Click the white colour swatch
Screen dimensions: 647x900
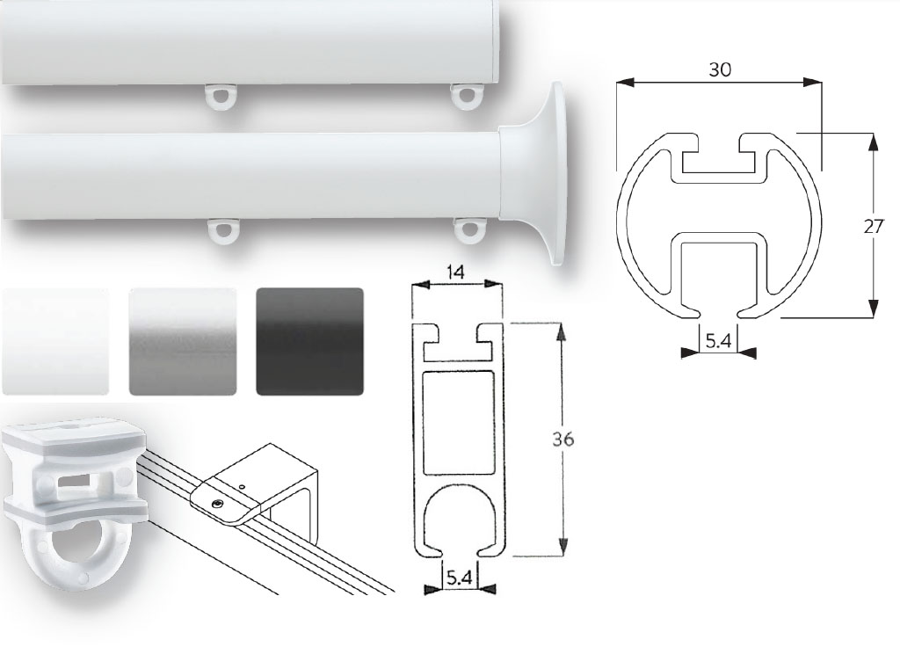pos(56,341)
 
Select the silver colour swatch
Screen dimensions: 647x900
pos(182,341)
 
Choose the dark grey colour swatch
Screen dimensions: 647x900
pos(309,341)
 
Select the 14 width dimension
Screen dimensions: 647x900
pos(455,273)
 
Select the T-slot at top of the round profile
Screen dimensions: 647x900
pos(719,158)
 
